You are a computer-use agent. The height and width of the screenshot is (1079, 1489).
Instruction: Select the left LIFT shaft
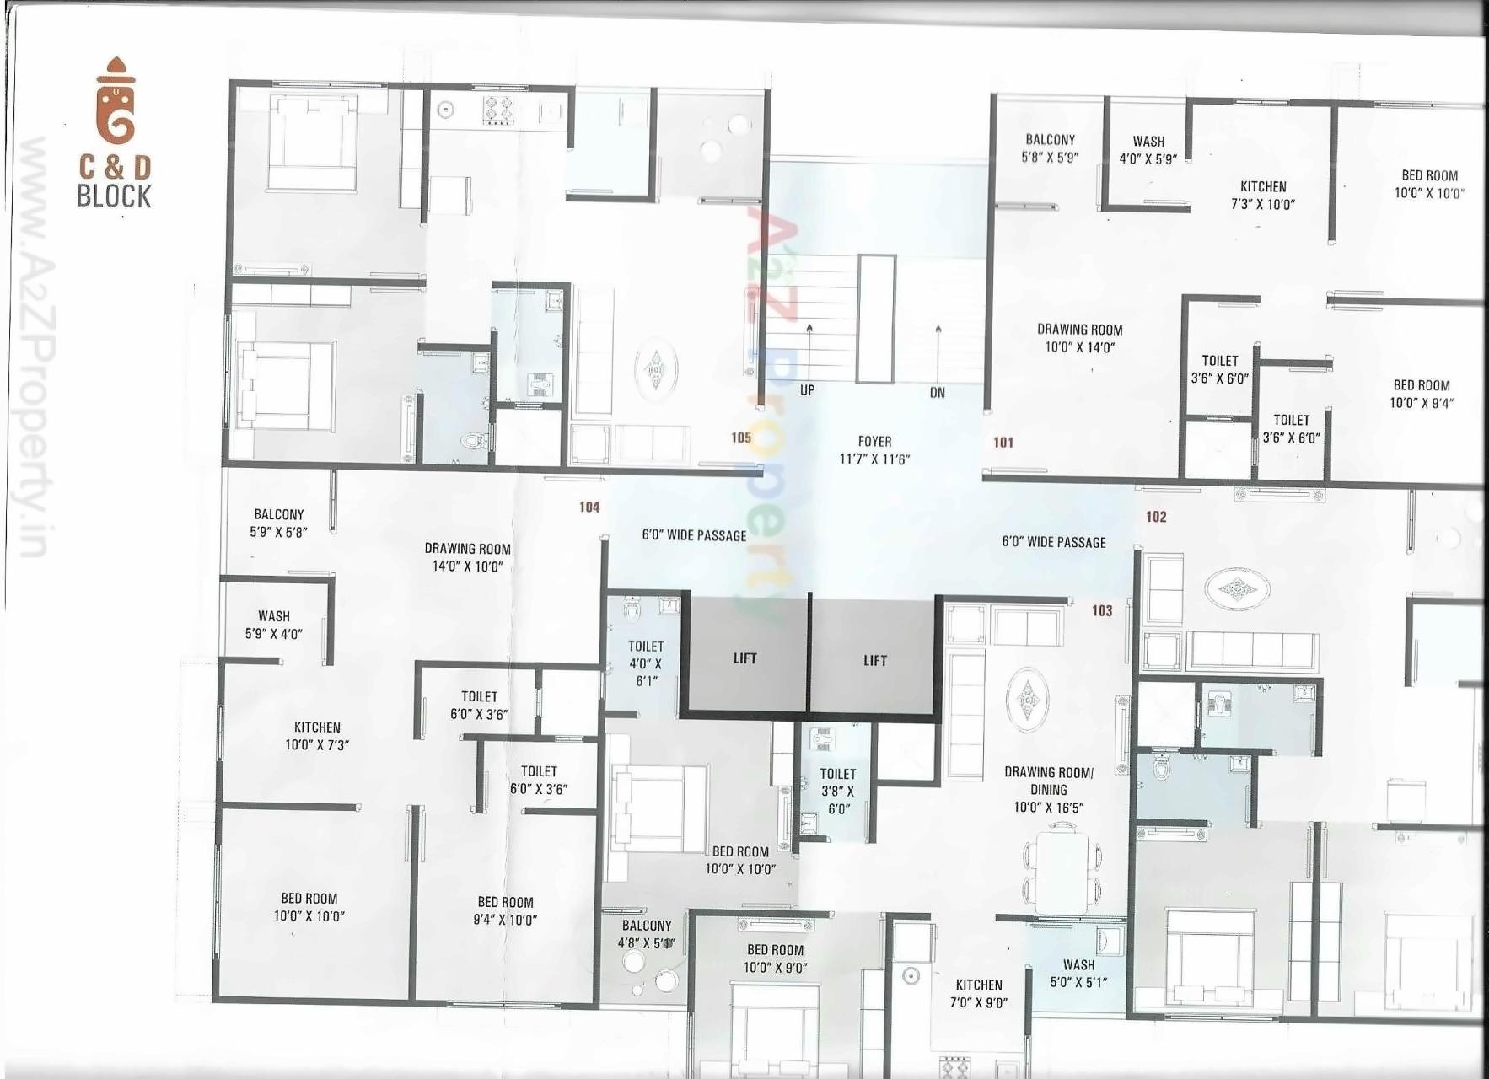coord(744,658)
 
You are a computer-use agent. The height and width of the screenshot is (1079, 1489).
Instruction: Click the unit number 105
coord(741,438)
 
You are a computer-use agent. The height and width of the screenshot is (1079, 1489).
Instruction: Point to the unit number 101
coord(1003,443)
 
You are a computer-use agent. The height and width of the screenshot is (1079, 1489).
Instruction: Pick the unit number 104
coord(589,507)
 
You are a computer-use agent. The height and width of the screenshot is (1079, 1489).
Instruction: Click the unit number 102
coord(1156,517)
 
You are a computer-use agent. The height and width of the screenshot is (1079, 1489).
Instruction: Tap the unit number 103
coord(1102,611)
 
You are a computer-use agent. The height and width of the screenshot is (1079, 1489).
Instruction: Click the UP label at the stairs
coord(807,390)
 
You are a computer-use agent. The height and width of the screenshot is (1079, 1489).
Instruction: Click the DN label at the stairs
coord(938,393)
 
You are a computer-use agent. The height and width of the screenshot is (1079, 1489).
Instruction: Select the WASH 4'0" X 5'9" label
coord(1148,150)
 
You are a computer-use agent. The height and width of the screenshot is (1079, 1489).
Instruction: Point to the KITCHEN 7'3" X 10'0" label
coord(1263,196)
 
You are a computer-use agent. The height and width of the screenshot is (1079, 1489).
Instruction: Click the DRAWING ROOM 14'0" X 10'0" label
coord(468,557)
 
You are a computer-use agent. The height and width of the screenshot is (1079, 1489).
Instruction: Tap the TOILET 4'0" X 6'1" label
coord(646,663)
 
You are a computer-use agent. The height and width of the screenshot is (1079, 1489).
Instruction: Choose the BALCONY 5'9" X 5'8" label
coord(279,523)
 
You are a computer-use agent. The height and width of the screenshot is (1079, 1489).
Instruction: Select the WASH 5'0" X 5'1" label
coord(1078,974)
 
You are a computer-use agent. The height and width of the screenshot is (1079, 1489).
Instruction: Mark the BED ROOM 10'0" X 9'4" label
coord(1422,394)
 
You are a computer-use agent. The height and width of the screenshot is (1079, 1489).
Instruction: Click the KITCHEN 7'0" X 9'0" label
coord(979,993)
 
